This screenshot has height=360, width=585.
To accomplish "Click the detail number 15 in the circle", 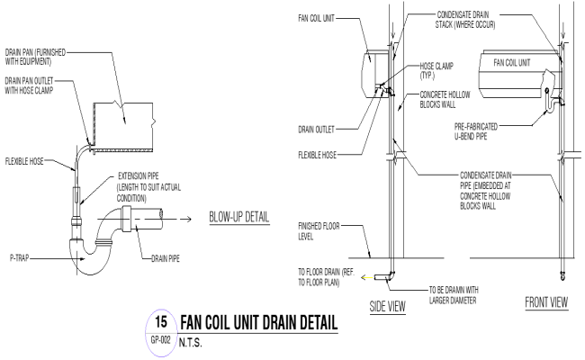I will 161,320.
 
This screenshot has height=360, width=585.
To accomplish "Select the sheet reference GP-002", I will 161,341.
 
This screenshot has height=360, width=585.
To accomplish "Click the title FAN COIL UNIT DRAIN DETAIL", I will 259,322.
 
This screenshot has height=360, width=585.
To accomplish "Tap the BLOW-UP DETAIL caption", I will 239,217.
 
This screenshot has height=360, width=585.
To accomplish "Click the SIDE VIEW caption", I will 388,306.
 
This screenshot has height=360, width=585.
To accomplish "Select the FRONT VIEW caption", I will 545,302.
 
